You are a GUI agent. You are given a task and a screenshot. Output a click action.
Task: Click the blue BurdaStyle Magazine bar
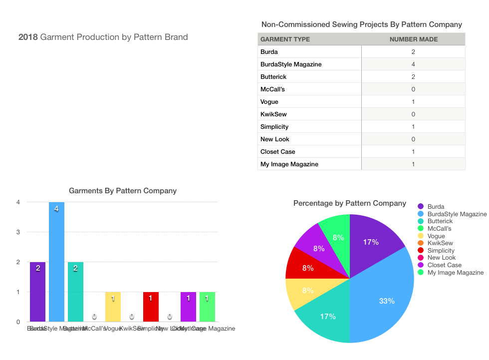56,262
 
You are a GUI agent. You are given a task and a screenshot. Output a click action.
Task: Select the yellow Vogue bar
113,307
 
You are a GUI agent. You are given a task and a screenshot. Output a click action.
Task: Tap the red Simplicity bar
151,307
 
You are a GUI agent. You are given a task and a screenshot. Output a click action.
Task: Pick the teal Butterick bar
75,292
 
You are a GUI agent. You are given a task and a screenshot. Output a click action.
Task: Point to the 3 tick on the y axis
18,232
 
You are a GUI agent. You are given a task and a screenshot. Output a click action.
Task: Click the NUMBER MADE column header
413,39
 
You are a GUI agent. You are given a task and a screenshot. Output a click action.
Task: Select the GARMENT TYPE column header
285,39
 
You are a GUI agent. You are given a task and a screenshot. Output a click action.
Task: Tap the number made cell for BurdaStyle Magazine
413,64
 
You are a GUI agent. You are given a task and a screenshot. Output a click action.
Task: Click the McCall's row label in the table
272,89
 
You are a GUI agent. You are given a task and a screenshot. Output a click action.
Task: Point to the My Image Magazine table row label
289,164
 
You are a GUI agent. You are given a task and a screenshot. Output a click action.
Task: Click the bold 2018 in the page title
28,37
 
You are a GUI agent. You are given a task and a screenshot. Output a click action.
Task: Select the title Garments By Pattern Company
122,191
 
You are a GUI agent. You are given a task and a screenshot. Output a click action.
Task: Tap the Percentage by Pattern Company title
349,203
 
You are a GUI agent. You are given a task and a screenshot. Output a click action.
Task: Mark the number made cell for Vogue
413,102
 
